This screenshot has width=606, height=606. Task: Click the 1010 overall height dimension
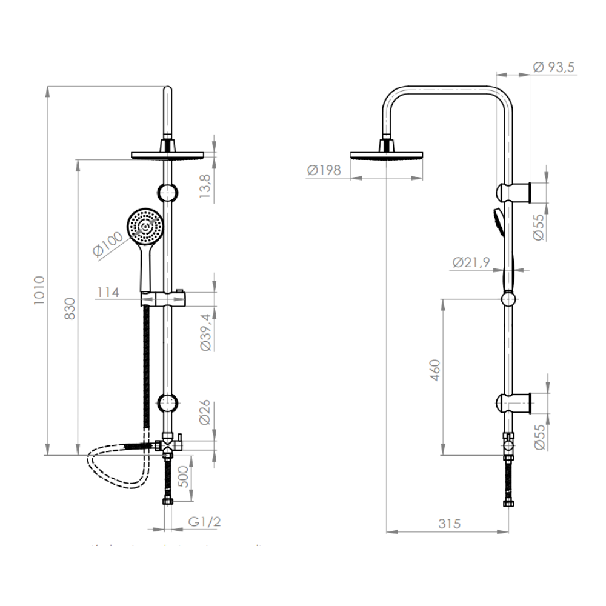[38, 290]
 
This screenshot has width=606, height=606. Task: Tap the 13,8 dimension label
[205, 185]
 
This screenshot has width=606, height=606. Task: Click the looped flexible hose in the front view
[115, 470]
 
